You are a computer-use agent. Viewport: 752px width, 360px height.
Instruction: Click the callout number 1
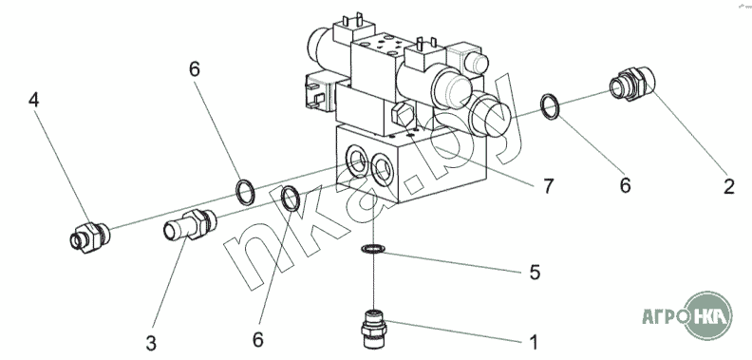coord(534,343)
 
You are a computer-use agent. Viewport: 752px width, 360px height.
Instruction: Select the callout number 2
coord(729,187)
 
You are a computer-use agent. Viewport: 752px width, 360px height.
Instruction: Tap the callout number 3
coord(151,344)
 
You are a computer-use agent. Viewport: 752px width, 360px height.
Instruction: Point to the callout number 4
coord(33,100)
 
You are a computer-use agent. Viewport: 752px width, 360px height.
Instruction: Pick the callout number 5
coord(535,273)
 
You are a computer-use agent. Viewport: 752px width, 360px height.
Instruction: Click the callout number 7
coord(548,186)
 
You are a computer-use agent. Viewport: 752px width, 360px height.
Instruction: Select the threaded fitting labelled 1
coord(374,330)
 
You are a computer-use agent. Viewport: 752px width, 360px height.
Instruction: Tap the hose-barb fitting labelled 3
coord(190,224)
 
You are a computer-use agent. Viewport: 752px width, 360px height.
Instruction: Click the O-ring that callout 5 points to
coord(373,249)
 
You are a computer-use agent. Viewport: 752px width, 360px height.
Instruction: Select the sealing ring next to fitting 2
coord(550,106)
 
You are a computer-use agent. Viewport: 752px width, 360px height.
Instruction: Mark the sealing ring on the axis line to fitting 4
coord(245,192)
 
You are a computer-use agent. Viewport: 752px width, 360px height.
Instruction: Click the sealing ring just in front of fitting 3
coord(291,199)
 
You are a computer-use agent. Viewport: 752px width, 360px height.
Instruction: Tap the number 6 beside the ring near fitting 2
coord(625,185)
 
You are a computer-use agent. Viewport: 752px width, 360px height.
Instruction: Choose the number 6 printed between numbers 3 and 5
coord(258,340)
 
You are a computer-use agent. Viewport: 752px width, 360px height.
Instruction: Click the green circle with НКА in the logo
coord(708,315)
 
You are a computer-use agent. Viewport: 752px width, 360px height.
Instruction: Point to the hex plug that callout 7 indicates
coord(402,115)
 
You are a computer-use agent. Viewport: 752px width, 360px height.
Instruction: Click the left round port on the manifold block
coord(357,161)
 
